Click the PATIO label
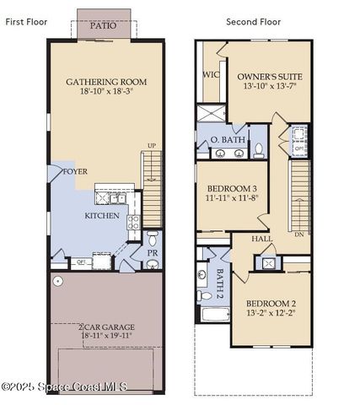tap(105, 25)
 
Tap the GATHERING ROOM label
tap(106, 82)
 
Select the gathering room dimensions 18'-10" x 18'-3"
tap(106, 92)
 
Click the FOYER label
tap(75, 171)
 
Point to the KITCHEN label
tap(101, 215)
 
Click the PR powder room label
tap(153, 252)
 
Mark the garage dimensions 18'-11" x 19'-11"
tap(106, 336)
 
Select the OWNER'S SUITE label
tap(269, 76)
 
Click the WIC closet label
tap(211, 74)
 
